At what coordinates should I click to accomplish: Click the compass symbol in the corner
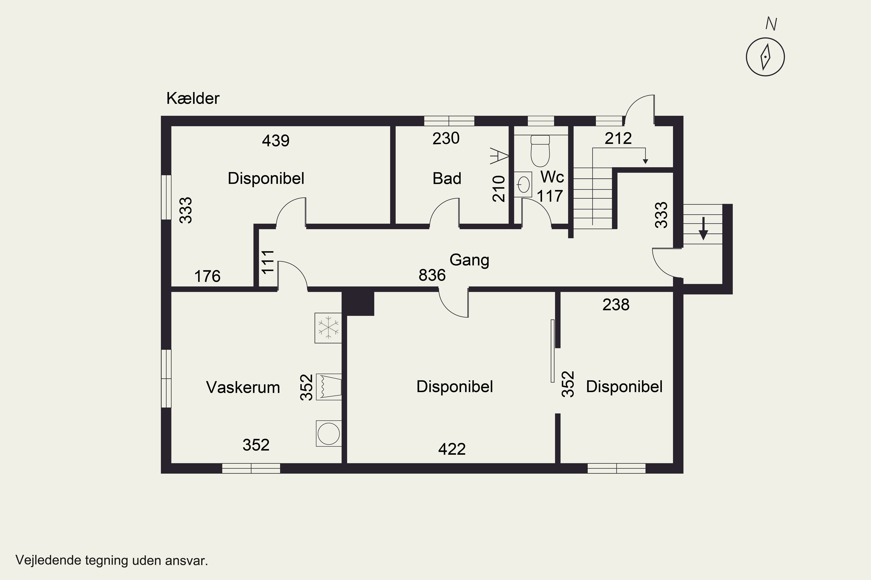point(765,57)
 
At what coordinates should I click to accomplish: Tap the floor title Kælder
point(193,98)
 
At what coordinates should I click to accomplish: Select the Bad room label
point(447,179)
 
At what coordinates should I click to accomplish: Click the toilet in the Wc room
point(540,151)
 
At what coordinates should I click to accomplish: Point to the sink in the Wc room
point(523,184)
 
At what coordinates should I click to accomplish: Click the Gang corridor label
point(469,260)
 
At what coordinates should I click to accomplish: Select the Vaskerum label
point(243,387)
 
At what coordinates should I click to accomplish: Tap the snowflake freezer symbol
point(328,328)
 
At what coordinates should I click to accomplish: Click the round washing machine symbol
point(329,433)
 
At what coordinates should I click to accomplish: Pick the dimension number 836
point(432,275)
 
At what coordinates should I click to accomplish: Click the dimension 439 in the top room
point(276,141)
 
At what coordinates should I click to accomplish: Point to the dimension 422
point(452,449)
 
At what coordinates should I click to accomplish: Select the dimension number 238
point(616,305)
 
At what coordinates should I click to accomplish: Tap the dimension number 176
point(207,276)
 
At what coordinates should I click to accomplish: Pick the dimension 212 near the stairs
point(618,138)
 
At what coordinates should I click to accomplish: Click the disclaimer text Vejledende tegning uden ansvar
point(112,560)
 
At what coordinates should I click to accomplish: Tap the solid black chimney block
point(358,303)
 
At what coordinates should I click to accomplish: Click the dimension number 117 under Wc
point(550,196)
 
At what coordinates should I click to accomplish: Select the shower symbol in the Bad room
point(499,156)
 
